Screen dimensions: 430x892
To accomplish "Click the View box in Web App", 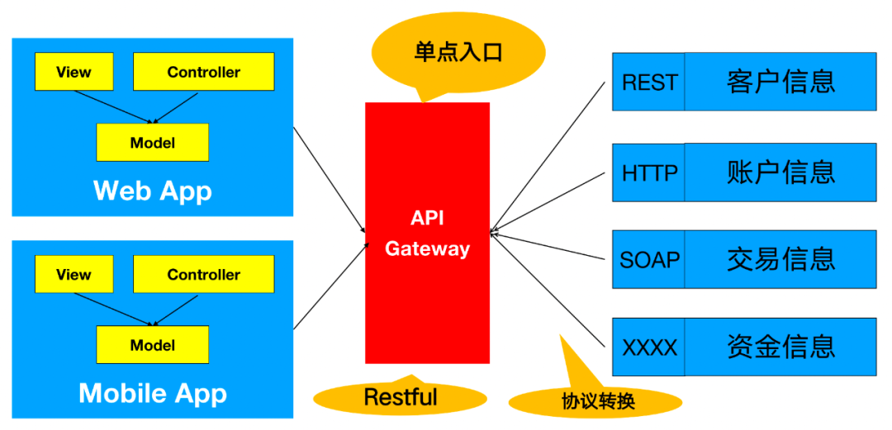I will [x=74, y=72].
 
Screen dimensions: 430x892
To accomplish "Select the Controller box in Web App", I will [x=203, y=72].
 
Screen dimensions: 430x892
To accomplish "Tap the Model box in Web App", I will [x=153, y=142].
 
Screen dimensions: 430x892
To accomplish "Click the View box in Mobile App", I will [x=74, y=274].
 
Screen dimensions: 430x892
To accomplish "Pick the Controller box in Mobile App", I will [x=203, y=274].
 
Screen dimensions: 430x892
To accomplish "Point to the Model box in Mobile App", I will [x=153, y=345].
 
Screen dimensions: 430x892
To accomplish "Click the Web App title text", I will [x=153, y=191].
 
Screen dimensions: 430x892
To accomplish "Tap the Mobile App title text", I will [x=153, y=393].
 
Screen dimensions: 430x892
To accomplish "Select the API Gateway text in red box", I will [x=427, y=233].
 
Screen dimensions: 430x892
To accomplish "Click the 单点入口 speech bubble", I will [x=458, y=52].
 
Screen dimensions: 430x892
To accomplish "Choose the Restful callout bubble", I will [x=401, y=397].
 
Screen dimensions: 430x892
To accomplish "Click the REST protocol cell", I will [x=649, y=82].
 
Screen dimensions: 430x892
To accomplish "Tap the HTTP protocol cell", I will [x=649, y=172].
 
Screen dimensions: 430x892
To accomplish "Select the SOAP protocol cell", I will [x=649, y=259].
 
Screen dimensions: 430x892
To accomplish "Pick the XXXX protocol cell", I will [x=649, y=347].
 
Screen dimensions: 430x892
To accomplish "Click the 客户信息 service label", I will [x=780, y=82].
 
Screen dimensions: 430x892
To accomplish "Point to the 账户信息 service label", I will [x=780, y=172].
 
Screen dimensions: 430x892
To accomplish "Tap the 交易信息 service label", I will [x=780, y=259].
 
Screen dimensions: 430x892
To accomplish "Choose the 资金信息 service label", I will [x=780, y=347].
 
